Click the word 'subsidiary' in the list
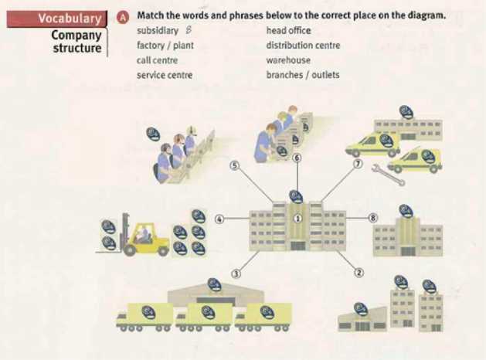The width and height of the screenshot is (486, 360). [x=158, y=31]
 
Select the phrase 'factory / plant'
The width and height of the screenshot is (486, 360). [x=164, y=46]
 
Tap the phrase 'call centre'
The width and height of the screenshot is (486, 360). [x=157, y=60]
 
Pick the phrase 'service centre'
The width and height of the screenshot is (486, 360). [x=164, y=75]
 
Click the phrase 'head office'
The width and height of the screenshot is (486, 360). [x=288, y=31]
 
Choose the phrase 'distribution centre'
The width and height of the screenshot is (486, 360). [x=303, y=46]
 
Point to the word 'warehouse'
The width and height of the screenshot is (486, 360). [x=288, y=60]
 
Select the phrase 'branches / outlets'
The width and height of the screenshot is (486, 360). [x=302, y=75]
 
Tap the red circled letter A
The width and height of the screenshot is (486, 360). [x=122, y=16]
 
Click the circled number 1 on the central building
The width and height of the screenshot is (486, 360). [x=297, y=218]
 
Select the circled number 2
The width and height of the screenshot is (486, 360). [x=359, y=272]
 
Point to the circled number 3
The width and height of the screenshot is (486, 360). [x=236, y=273]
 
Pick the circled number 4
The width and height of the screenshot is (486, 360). [x=219, y=219]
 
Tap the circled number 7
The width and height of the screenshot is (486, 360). [x=358, y=164]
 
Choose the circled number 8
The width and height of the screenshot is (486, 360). [x=373, y=219]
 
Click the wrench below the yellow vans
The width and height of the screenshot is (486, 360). [x=389, y=176]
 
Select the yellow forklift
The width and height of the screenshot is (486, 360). [x=144, y=239]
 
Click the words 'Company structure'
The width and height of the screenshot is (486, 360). [x=76, y=42]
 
